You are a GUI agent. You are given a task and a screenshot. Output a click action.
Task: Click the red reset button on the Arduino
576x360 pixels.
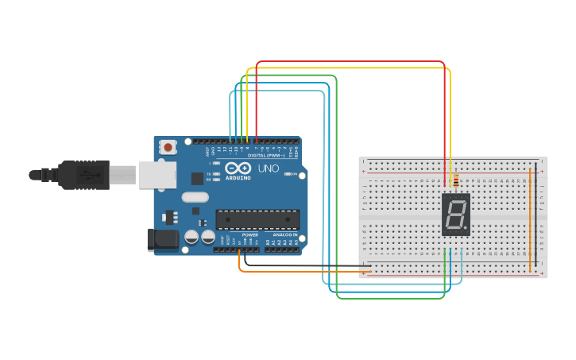[x=168, y=147]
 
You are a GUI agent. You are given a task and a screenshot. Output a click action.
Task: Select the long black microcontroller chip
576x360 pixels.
[x=257, y=219]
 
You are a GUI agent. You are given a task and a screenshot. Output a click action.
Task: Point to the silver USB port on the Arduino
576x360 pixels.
[x=157, y=175]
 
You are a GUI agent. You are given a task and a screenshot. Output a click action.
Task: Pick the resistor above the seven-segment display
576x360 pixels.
[x=454, y=182]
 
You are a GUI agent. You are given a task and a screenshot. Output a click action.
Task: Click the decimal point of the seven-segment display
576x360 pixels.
[x=465, y=228]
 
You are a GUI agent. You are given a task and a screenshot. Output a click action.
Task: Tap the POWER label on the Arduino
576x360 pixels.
[x=249, y=235]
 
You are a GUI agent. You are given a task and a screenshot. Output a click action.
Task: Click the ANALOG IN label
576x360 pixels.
[x=284, y=235]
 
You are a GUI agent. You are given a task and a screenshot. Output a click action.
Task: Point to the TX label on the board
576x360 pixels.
[x=209, y=173]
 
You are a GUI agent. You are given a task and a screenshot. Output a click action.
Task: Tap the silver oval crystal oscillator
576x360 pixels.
[x=195, y=197]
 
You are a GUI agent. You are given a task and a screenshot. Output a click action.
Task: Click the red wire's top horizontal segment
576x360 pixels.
[x=350, y=61]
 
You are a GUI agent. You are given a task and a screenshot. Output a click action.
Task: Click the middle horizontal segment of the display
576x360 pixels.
[x=455, y=215]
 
